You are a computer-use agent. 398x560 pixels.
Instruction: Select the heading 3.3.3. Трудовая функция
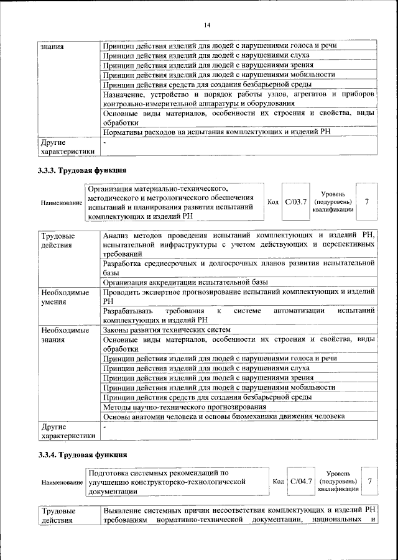(82, 169)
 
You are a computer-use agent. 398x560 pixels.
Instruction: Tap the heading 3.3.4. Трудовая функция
(82, 454)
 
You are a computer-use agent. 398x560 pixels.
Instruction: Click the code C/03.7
(296, 201)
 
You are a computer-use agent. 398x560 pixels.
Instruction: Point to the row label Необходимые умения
(65, 296)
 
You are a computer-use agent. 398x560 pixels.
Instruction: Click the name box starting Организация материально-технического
(174, 201)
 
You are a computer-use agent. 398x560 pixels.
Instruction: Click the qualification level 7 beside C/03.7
(368, 201)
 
